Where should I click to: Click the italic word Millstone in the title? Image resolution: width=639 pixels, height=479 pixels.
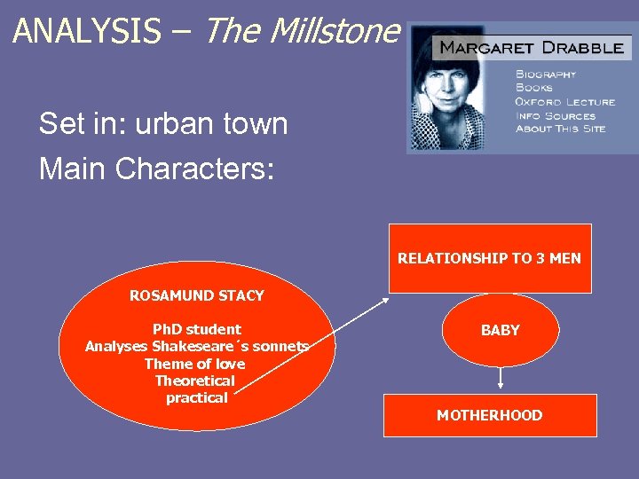pyautogui.click(x=335, y=31)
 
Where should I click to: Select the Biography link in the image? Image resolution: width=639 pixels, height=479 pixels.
pyautogui.click(x=546, y=74)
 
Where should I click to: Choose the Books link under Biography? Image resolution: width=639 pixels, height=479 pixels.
pyautogui.click(x=534, y=87)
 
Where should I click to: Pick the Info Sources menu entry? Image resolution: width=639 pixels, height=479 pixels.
pyautogui.click(x=557, y=115)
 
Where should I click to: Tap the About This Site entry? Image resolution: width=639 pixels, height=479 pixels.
pyautogui.click(x=561, y=129)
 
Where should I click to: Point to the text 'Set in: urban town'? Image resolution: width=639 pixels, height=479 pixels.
pyautogui.click(x=163, y=124)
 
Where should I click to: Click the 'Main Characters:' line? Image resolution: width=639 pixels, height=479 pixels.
pyautogui.click(x=157, y=168)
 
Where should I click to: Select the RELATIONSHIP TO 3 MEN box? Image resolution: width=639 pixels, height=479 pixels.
pyautogui.click(x=489, y=258)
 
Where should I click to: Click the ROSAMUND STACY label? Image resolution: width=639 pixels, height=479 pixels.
pyautogui.click(x=196, y=295)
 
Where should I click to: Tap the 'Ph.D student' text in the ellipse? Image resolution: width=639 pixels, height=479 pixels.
pyautogui.click(x=196, y=329)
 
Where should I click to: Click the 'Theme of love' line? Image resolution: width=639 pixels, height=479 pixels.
pyautogui.click(x=196, y=364)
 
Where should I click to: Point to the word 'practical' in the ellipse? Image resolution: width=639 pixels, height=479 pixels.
pyautogui.click(x=196, y=397)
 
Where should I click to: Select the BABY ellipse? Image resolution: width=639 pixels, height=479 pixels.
pyautogui.click(x=501, y=330)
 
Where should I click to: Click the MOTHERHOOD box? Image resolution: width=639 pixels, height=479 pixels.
pyautogui.click(x=489, y=415)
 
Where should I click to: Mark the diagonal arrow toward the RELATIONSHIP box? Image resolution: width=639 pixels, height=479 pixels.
pyautogui.click(x=315, y=343)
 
